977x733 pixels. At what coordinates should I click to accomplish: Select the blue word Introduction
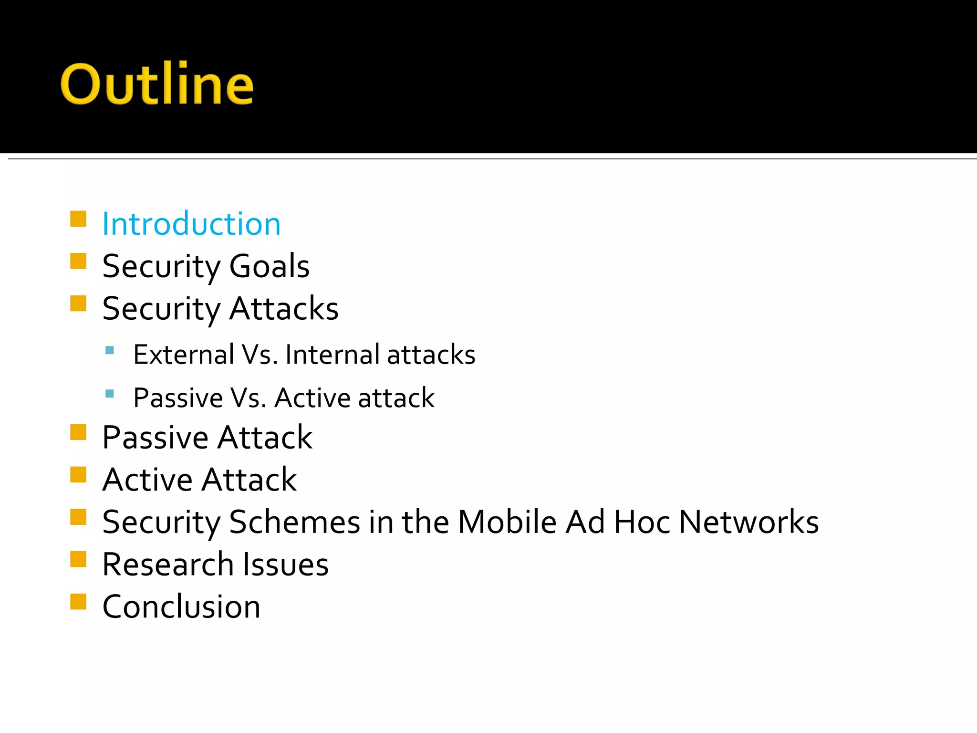pyautogui.click(x=191, y=224)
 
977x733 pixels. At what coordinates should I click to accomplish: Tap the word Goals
pyautogui.click(x=269, y=266)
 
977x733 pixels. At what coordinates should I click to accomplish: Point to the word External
pyautogui.click(x=184, y=355)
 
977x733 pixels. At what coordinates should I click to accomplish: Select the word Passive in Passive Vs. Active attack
pyautogui.click(x=178, y=398)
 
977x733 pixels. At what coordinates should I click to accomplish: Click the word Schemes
pyautogui.click(x=294, y=522)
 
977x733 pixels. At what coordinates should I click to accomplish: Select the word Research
pyautogui.click(x=168, y=564)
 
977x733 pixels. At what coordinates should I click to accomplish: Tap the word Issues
pyautogui.click(x=286, y=564)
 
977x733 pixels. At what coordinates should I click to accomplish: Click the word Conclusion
pyautogui.click(x=181, y=607)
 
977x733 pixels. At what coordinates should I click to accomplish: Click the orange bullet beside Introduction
pyautogui.click(x=78, y=219)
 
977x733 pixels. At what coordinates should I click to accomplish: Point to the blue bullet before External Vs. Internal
pyautogui.click(x=110, y=350)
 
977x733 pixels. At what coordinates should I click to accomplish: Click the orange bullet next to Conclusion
pyautogui.click(x=78, y=602)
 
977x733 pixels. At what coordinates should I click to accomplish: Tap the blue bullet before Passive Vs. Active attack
pyautogui.click(x=110, y=394)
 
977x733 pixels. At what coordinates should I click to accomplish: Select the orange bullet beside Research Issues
pyautogui.click(x=78, y=559)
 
